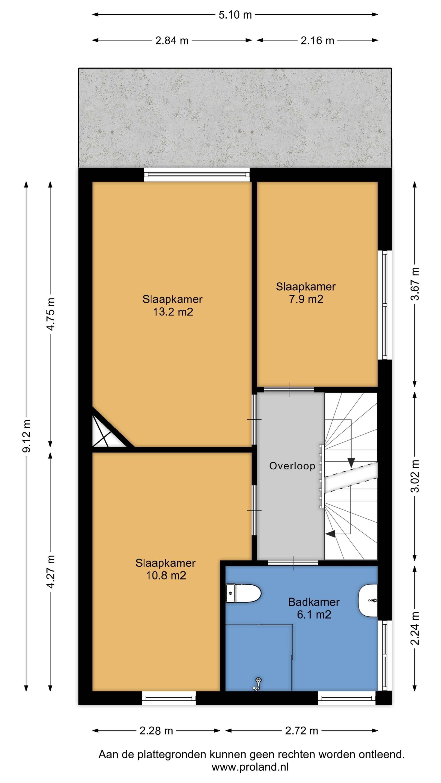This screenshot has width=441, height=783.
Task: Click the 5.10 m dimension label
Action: pyautogui.click(x=235, y=15)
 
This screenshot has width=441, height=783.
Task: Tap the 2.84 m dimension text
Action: pyautogui.click(x=172, y=40)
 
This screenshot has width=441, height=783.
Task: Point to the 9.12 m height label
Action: pyautogui.click(x=27, y=436)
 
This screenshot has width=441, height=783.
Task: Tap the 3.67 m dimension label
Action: pyautogui.click(x=415, y=284)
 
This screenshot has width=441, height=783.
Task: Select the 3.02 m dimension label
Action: pyautogui.click(x=415, y=476)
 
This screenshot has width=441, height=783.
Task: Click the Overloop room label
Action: pyautogui.click(x=292, y=466)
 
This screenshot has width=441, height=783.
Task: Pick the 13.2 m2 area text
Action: pyautogui.click(x=173, y=312)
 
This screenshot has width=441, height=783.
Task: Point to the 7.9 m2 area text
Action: pyautogui.click(x=306, y=299)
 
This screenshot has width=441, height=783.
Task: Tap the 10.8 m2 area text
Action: pyautogui.click(x=166, y=576)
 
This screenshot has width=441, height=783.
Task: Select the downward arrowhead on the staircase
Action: pyautogui.click(x=351, y=463)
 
